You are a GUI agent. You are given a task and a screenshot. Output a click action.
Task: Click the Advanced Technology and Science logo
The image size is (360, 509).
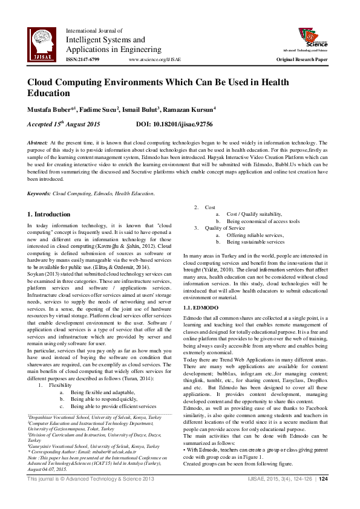coord(312,38)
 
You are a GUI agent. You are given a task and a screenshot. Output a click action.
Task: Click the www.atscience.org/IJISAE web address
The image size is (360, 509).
coord(155,60)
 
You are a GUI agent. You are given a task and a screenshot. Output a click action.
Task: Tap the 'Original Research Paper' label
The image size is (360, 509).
coord(302,60)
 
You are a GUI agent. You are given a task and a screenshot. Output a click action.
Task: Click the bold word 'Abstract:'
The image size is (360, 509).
coord(38,141)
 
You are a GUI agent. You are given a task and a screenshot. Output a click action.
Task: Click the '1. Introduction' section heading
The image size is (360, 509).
coord(49,214)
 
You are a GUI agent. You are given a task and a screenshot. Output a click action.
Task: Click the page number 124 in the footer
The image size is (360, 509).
coord(323,496)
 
